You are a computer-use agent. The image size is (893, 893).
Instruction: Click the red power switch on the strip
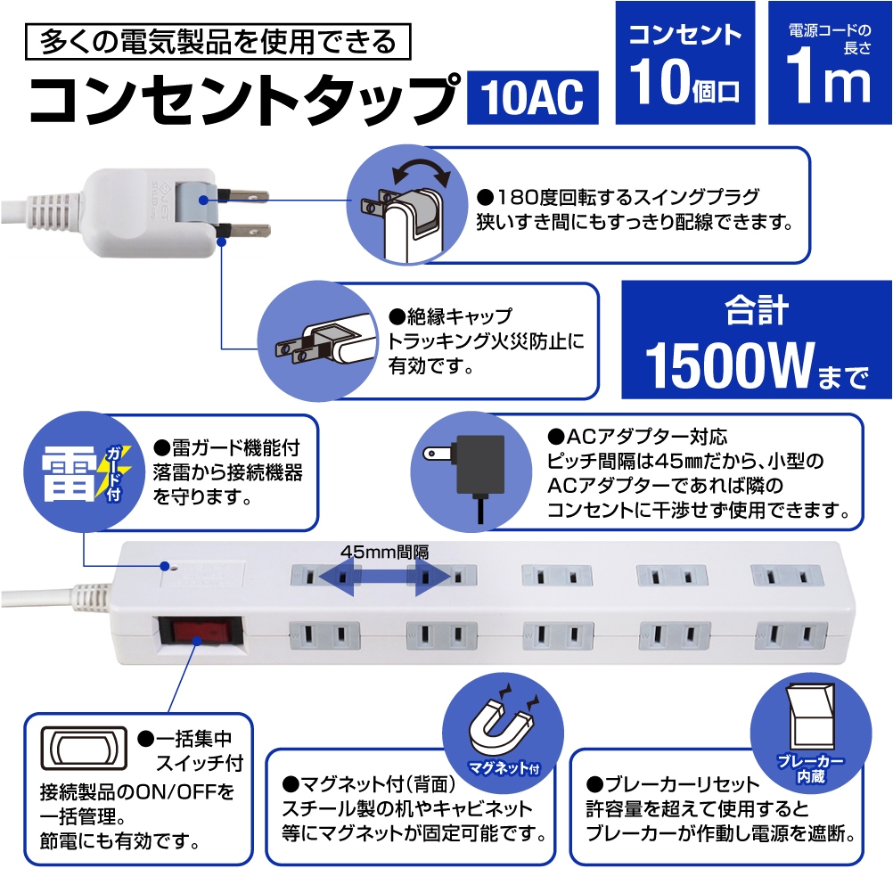pyautogui.click(x=201, y=632)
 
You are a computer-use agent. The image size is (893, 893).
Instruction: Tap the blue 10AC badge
pyautogui.click(x=532, y=97)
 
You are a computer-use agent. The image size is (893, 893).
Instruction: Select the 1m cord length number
pyautogui.click(x=829, y=80)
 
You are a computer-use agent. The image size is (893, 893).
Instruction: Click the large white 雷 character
pyautogui.click(x=68, y=474)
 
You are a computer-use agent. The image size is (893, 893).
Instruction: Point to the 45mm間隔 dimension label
pyautogui.click(x=385, y=552)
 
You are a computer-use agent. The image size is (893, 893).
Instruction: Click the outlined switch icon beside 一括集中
pyautogui.click(x=85, y=748)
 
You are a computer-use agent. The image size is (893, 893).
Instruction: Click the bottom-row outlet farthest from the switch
pyautogui.click(x=791, y=636)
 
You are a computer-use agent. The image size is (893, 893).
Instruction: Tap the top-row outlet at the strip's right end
pyautogui.click(x=787, y=577)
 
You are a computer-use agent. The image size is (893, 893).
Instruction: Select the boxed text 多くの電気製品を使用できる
pyautogui.click(x=218, y=42)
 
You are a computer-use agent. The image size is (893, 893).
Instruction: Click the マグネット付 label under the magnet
pyautogui.click(x=504, y=768)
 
